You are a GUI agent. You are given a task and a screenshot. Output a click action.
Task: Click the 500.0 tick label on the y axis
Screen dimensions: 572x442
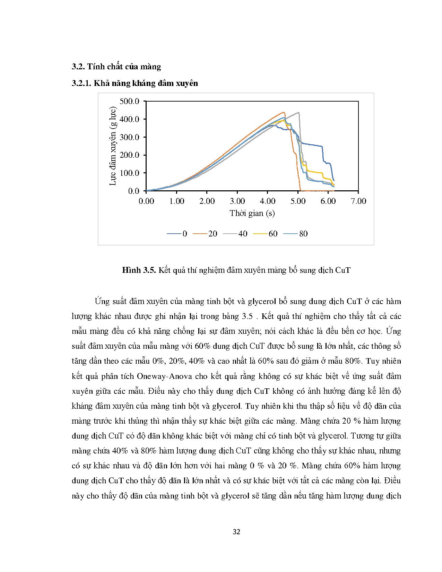coord(129,101)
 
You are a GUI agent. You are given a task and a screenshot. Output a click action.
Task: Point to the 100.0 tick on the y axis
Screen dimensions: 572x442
coord(129,173)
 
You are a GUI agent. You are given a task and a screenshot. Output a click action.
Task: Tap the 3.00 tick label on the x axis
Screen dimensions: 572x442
coord(237,201)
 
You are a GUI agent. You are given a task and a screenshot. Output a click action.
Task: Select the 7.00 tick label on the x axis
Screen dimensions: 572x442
coord(358,201)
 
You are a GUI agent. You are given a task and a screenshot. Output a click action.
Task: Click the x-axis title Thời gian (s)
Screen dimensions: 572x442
coord(252,213)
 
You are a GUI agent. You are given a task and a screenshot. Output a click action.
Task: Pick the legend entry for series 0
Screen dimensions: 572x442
coord(177,234)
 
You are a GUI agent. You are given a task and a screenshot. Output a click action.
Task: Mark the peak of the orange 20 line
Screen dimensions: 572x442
coord(284,112)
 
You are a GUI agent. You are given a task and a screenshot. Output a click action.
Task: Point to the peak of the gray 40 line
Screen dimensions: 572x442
coord(298,112)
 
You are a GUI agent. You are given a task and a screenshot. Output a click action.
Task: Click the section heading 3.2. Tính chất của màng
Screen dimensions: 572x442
coord(116,67)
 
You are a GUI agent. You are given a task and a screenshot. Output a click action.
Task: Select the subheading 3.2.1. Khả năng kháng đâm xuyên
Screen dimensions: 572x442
coord(135,83)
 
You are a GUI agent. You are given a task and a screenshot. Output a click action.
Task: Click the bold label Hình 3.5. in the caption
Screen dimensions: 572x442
coord(139,270)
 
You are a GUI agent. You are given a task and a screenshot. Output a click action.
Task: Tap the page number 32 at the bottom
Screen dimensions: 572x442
coord(236,532)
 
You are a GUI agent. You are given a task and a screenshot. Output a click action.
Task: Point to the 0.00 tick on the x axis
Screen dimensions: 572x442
coord(146,201)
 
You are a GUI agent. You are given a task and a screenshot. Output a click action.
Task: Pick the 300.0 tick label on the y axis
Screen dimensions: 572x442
coord(129,137)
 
